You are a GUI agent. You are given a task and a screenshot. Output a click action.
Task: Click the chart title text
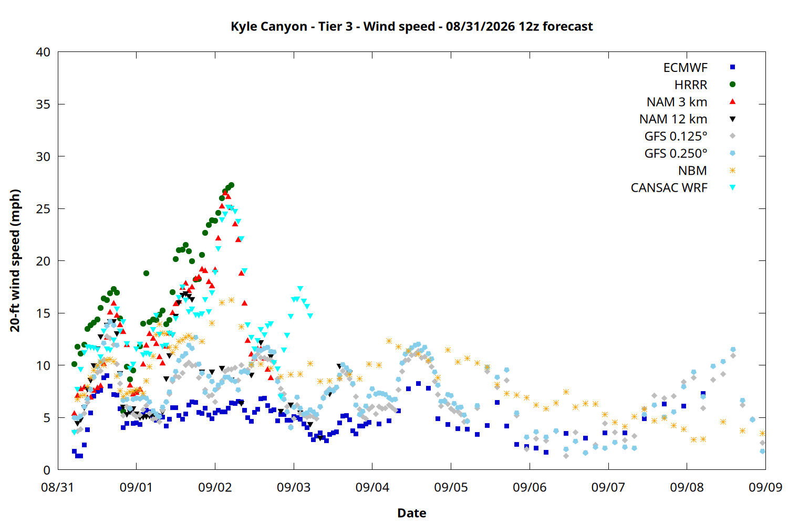[x=411, y=26]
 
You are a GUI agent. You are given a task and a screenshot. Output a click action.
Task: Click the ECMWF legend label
[x=685, y=68]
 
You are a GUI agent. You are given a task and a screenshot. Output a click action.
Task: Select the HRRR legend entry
[x=691, y=85]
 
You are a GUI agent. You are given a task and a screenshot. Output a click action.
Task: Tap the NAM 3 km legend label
[x=677, y=102]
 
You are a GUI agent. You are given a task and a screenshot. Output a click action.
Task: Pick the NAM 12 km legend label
[x=673, y=119]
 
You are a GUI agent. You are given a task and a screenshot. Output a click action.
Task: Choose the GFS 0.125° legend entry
[x=676, y=136]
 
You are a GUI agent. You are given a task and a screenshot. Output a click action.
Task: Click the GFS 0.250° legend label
[x=676, y=153]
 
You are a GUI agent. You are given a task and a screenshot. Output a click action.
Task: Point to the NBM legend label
[x=693, y=171]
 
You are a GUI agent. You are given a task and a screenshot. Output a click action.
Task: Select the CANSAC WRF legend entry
[x=669, y=188]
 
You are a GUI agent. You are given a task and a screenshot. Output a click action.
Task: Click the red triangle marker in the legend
[x=733, y=102]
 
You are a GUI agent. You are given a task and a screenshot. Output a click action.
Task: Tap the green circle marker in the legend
[x=733, y=85]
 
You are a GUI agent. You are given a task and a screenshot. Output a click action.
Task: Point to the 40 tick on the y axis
[x=43, y=52]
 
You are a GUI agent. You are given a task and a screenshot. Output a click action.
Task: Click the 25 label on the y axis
[x=43, y=209]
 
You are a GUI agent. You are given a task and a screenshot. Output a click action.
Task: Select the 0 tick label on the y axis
[x=47, y=470]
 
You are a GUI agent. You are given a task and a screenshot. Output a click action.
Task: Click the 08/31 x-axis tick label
[x=57, y=487]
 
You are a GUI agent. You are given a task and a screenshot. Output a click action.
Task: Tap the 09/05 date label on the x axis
[x=451, y=487]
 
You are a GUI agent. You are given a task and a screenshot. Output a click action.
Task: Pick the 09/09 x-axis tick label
[x=765, y=487]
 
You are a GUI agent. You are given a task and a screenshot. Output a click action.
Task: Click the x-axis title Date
[x=411, y=513]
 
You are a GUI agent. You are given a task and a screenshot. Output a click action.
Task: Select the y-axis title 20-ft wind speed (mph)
[x=15, y=260]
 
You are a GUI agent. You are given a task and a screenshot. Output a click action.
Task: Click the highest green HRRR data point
[x=231, y=185]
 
